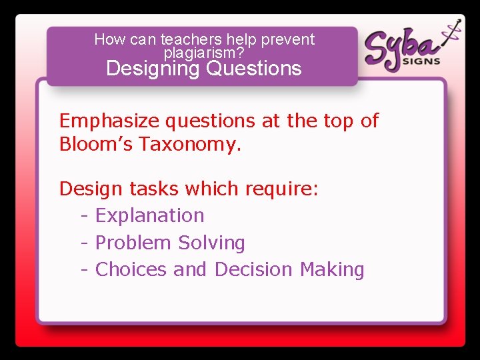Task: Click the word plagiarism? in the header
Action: [203, 53]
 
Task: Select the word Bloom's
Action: [96, 144]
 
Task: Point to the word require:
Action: [282, 189]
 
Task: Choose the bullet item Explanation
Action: [150, 216]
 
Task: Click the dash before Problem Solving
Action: [85, 243]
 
